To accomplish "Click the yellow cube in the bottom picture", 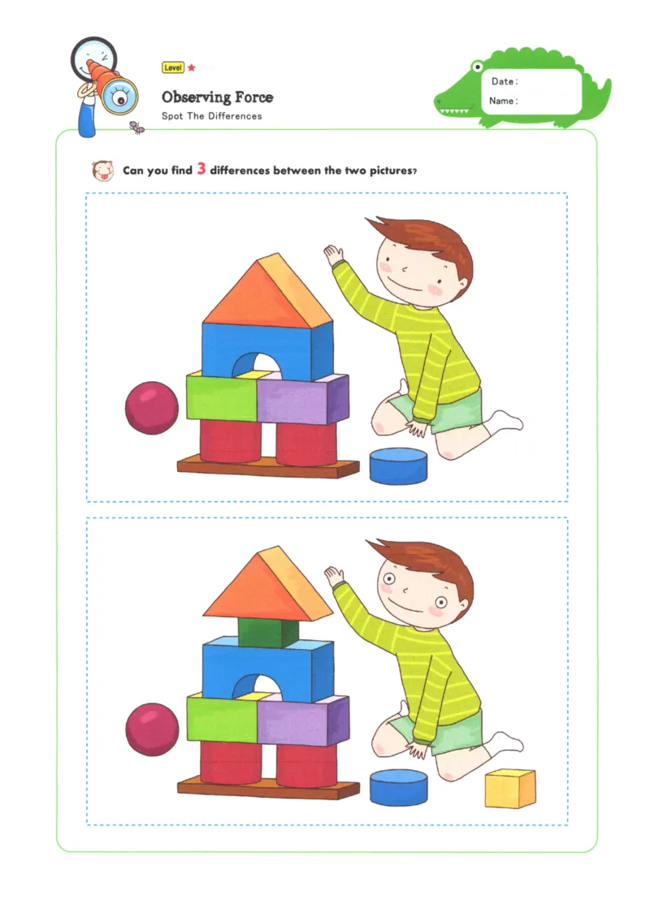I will (x=510, y=788).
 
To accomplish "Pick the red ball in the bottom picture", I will (x=152, y=729).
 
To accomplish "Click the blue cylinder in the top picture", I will (x=398, y=466).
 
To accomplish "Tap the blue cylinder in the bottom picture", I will (x=398, y=787).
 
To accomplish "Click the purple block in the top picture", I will (x=297, y=399).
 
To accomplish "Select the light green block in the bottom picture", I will (x=222, y=720).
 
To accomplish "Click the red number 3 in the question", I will (x=201, y=170).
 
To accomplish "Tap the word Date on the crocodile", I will (x=503, y=81).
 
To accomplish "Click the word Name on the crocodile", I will (x=502, y=101).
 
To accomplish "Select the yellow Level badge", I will (x=173, y=67).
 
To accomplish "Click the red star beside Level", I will (x=192, y=67).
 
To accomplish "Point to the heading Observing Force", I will (x=217, y=97).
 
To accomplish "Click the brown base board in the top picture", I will (x=268, y=467).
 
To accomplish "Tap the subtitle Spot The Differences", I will (x=211, y=116).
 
